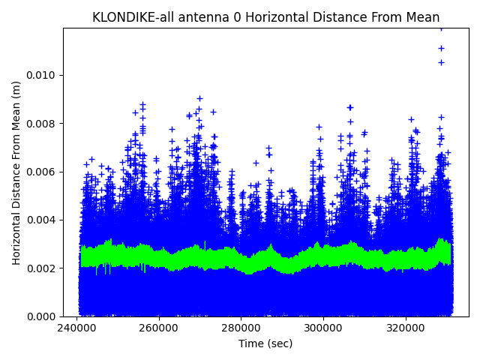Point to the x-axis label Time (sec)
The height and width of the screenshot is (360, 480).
point(265,343)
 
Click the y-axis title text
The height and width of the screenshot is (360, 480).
point(16,172)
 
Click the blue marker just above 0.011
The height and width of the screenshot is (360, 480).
point(441,48)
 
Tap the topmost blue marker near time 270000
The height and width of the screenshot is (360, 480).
point(199,98)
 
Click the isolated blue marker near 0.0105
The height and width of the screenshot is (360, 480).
point(441,62)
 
